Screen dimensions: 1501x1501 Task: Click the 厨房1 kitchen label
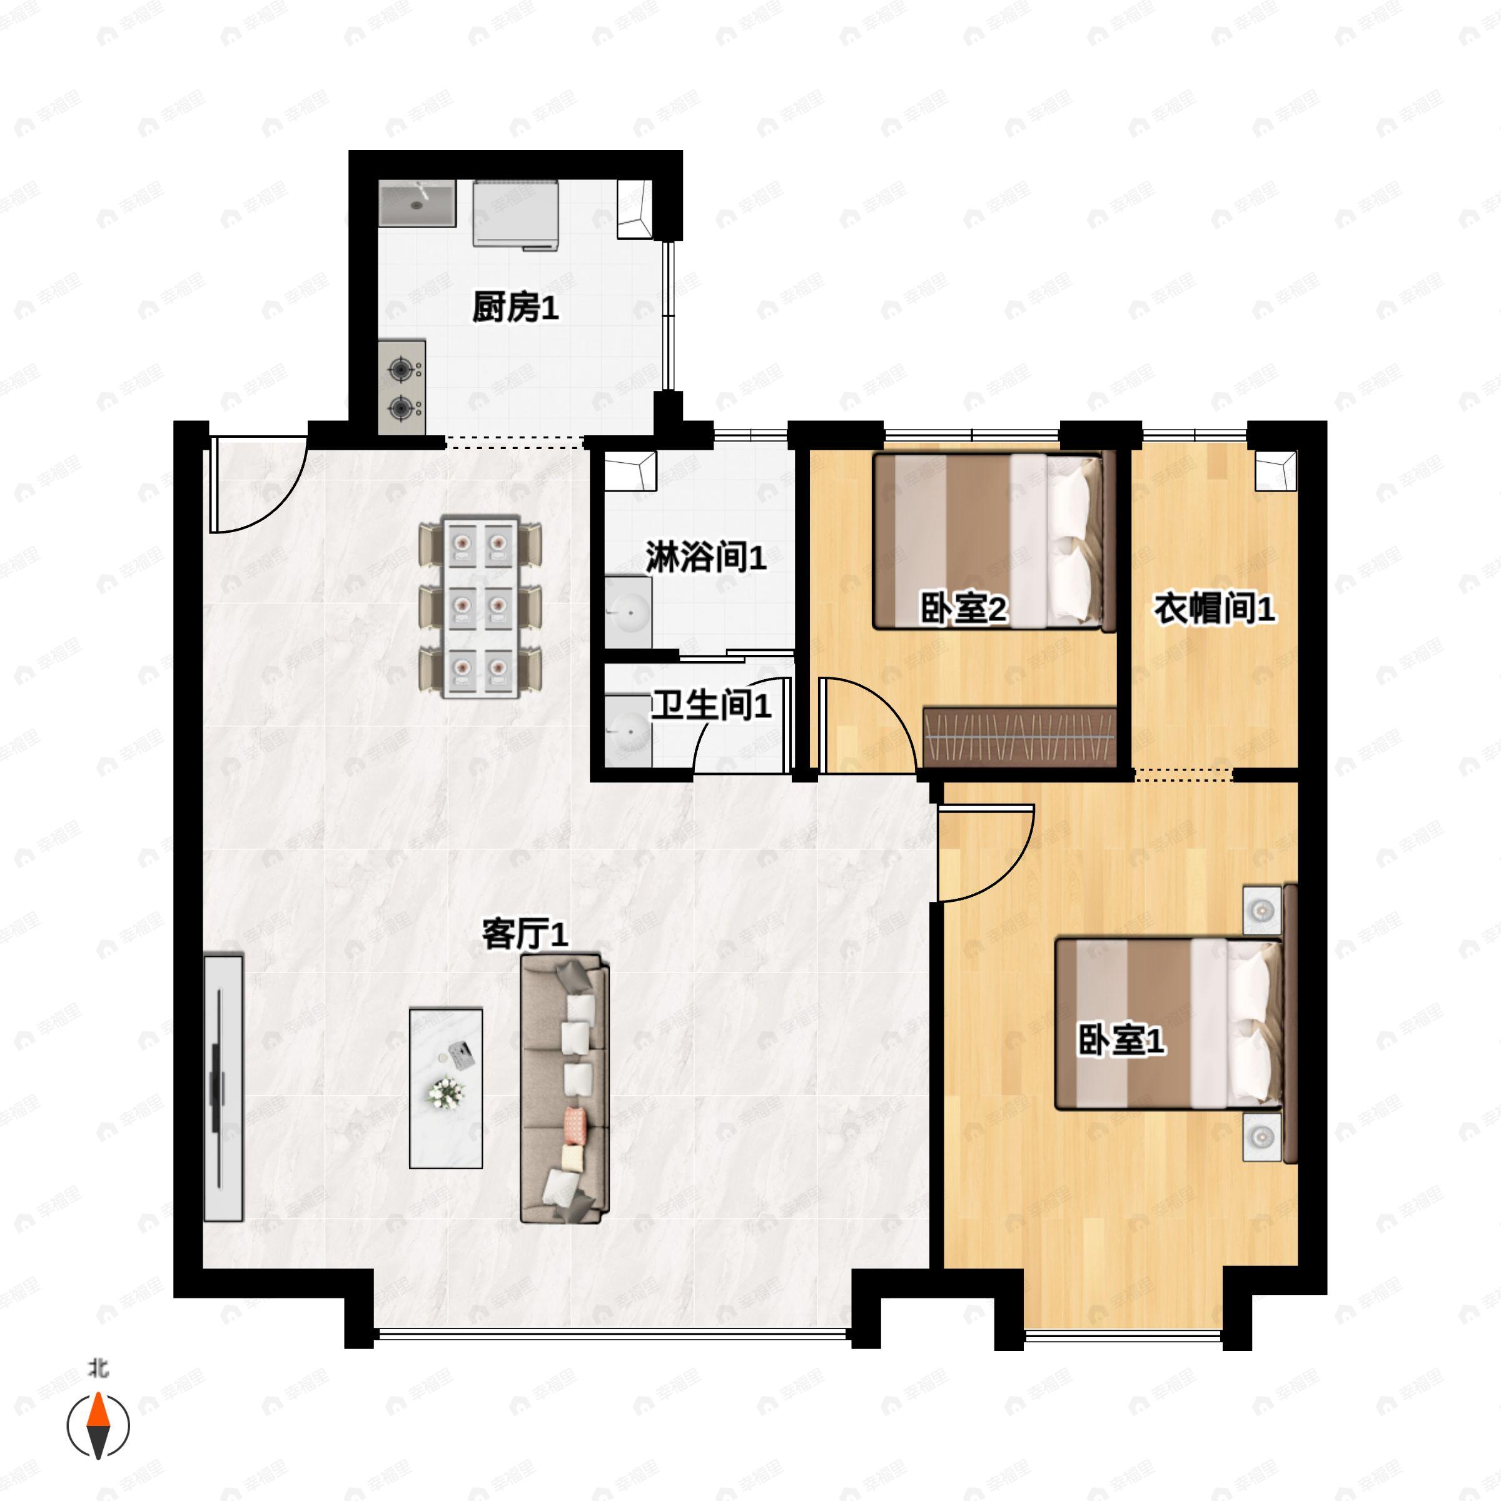tap(515, 308)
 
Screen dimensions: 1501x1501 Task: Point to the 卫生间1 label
tap(710, 705)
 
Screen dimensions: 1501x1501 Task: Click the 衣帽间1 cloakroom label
tap(1213, 609)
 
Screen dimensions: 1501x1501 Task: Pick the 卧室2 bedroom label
tap(963, 609)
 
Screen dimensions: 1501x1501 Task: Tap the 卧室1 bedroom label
tap(1121, 1040)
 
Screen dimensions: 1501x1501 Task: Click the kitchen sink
tap(417, 203)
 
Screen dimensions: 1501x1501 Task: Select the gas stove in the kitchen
tap(402, 387)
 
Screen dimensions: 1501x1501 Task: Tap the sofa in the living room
tap(565, 1088)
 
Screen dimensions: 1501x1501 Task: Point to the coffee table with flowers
tap(446, 1088)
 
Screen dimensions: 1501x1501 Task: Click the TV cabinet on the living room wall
tap(223, 1088)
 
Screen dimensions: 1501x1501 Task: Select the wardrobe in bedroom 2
tap(1019, 735)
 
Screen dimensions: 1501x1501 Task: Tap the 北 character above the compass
tap(98, 1368)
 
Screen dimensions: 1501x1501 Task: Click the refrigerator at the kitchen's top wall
tap(516, 214)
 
